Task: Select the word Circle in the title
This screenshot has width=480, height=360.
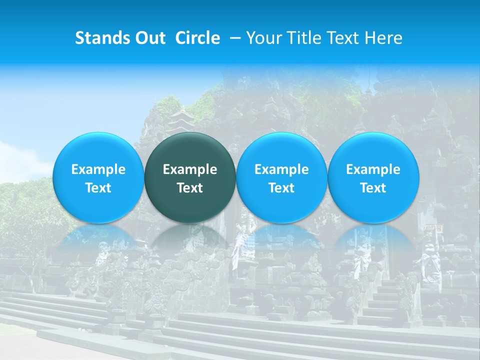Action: coord(197,38)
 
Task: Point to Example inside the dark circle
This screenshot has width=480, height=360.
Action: coord(190,169)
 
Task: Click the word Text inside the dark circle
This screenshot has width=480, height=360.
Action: coord(190,188)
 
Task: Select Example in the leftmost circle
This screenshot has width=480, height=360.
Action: coord(98,169)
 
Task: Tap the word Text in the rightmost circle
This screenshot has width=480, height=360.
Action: coord(373,188)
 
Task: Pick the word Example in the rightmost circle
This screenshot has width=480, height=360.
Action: coord(373,169)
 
